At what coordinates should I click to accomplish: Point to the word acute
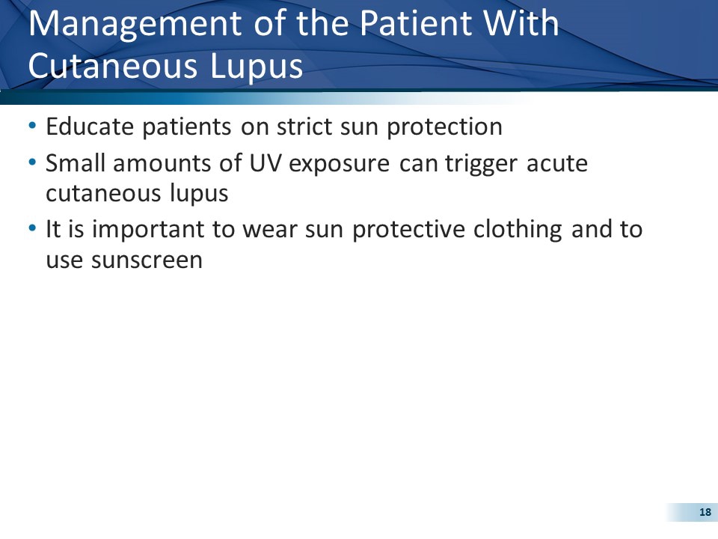[557, 163]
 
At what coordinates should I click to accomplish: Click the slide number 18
[704, 512]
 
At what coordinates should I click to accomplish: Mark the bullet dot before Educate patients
[32, 127]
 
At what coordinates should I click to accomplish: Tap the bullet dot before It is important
[32, 229]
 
